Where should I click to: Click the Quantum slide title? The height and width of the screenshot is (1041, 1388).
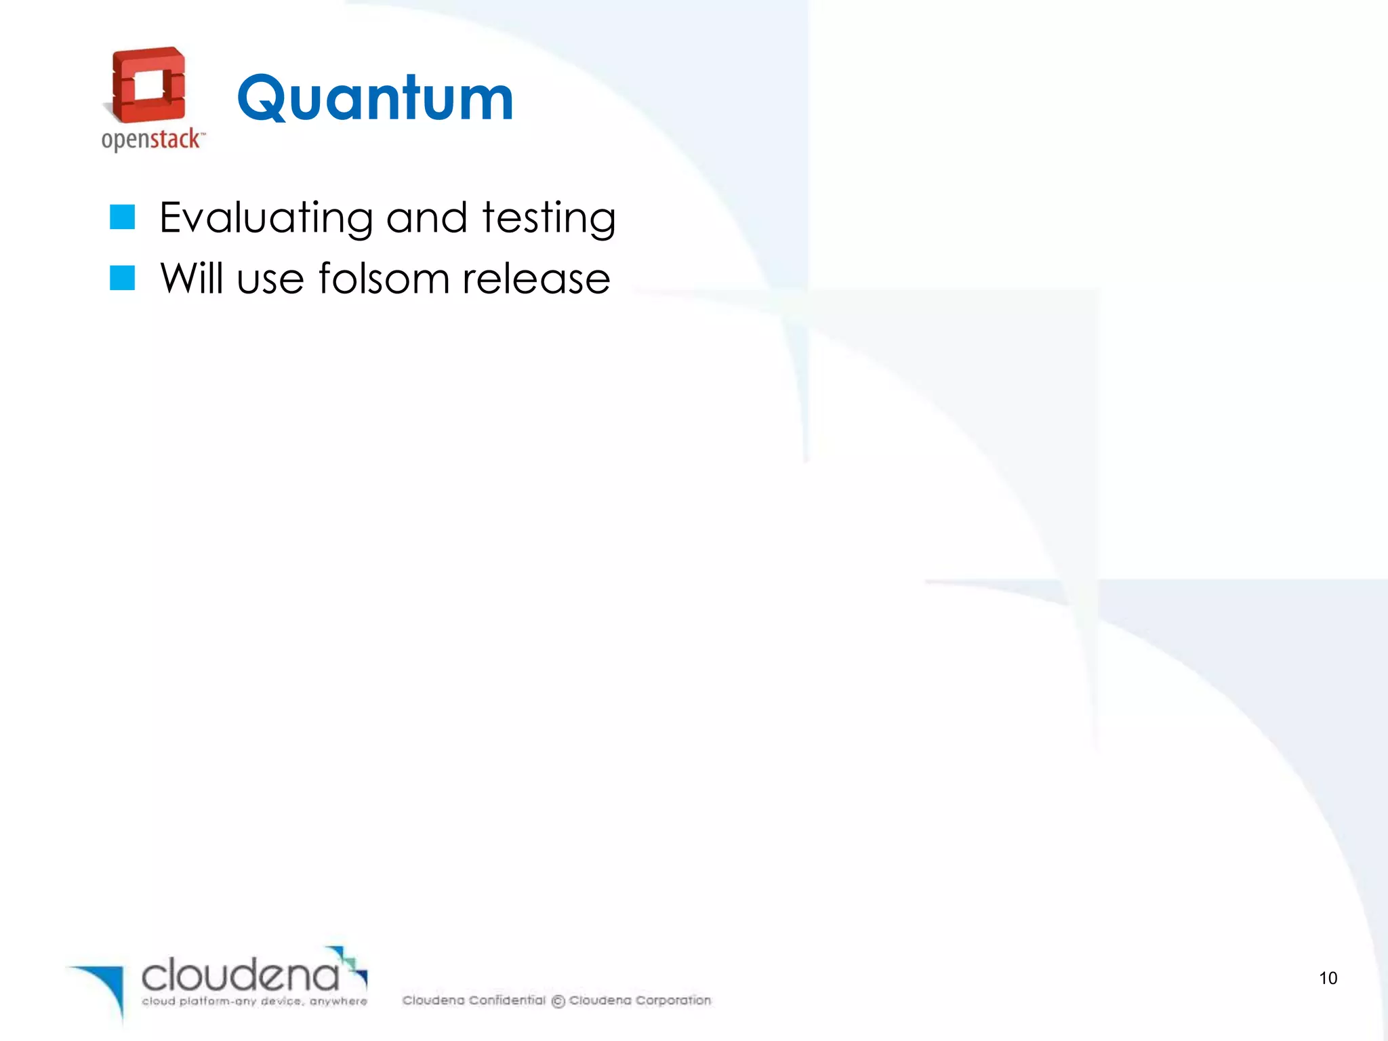tap(375, 99)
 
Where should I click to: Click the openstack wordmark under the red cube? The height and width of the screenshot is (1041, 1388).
tap(152, 140)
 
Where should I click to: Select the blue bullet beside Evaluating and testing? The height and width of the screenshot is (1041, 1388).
tap(123, 217)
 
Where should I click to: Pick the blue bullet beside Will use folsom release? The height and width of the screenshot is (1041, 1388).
tap(123, 278)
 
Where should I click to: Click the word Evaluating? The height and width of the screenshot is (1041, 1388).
tap(266, 218)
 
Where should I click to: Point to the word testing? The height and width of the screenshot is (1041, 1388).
tap(548, 218)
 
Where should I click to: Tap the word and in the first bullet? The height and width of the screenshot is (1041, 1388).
tap(427, 218)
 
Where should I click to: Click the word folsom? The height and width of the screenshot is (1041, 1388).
tap(384, 279)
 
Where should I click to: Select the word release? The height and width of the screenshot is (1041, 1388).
tap(536, 279)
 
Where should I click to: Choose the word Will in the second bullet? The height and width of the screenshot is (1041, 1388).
tap(191, 279)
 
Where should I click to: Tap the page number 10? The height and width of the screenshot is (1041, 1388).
tap(1328, 978)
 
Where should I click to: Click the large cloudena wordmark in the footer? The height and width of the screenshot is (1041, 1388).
tap(240, 975)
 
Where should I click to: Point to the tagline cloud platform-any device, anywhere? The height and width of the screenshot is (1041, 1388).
tap(254, 1001)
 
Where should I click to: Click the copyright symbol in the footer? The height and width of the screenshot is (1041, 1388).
tap(558, 1001)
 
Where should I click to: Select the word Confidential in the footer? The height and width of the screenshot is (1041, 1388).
tap(507, 1000)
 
